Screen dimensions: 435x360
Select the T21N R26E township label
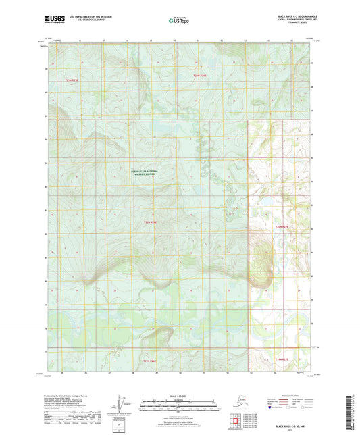(x=150, y=222)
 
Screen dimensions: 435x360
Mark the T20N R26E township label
(x=150, y=361)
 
